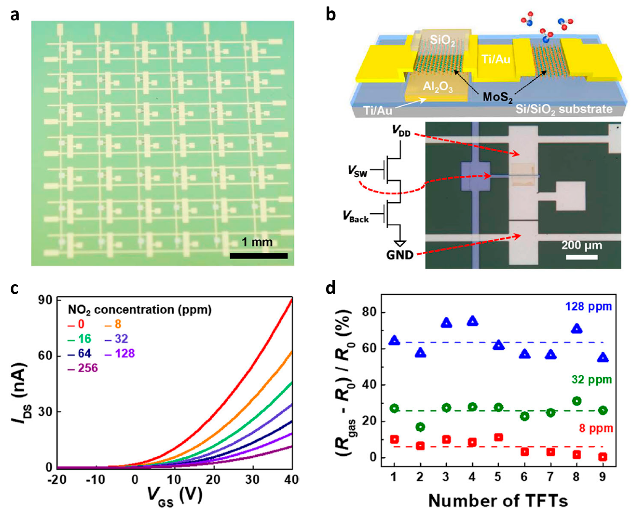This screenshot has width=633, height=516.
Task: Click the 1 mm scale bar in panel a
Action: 258,256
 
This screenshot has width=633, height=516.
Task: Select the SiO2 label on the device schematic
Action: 442,40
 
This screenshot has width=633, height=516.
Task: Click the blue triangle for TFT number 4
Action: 472,321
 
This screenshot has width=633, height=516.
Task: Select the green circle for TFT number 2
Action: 420,427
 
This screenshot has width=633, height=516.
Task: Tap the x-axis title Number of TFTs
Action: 498,501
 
